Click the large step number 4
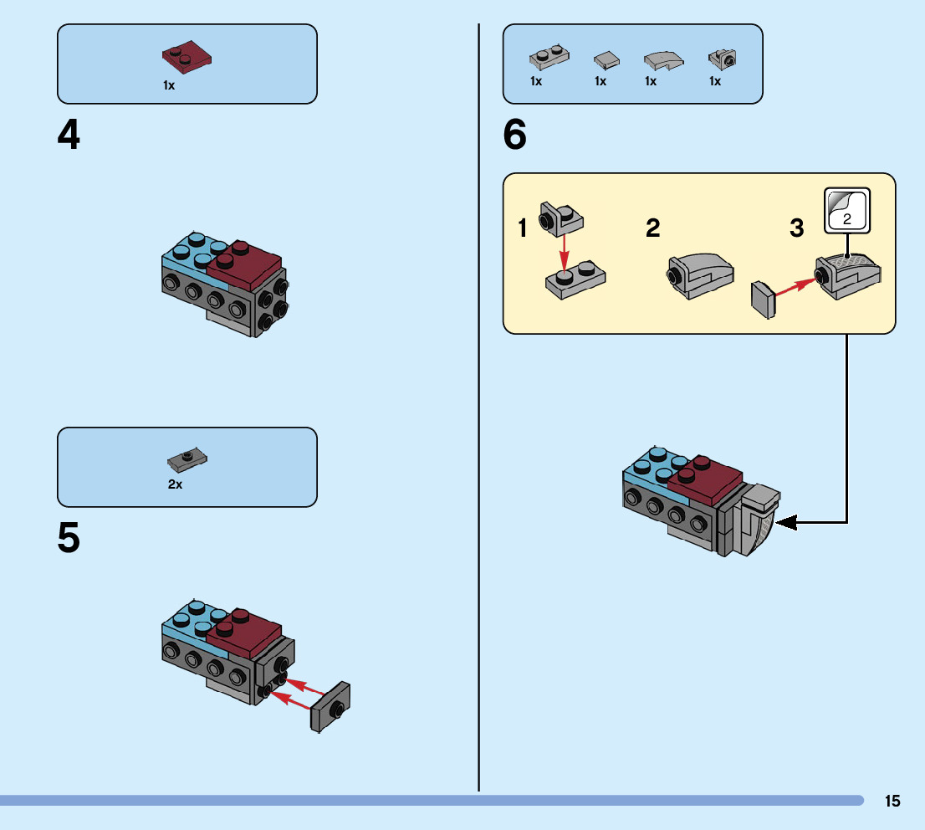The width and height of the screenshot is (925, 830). pos(69,136)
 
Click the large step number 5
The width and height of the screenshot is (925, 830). pos(69,539)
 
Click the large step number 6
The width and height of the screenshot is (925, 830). pos(515,136)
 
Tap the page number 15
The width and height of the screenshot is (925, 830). pos(892,802)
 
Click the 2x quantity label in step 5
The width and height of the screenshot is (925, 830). pos(175,484)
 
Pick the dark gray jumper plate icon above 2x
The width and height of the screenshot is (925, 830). pos(187,459)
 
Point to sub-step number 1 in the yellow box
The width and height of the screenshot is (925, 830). pos(524,228)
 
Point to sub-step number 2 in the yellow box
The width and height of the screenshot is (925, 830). pos(653,228)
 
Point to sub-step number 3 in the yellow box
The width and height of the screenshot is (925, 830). pos(797,228)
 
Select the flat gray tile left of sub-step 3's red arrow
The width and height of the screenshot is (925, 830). pos(763,300)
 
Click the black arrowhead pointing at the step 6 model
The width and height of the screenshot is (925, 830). pos(786,523)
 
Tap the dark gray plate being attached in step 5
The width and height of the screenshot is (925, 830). pos(330,707)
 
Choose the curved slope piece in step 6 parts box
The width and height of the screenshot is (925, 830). pos(663,60)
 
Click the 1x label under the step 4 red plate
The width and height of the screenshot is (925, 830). pos(169,85)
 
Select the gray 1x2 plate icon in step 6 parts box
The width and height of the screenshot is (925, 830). pos(549,59)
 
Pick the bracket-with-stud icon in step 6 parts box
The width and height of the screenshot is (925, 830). pos(722,59)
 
